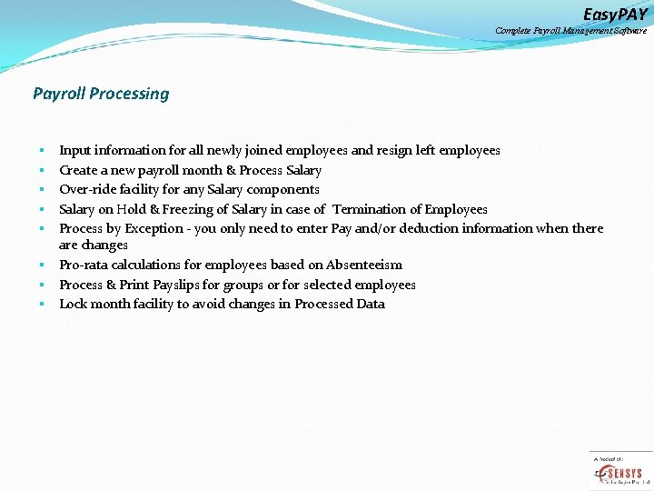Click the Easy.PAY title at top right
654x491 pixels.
coord(615,14)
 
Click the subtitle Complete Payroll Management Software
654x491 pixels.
coord(570,31)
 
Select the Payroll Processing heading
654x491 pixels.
coord(101,94)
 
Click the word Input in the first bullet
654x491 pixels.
coord(75,150)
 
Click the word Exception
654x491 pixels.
coord(154,228)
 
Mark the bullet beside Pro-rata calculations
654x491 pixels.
coord(42,266)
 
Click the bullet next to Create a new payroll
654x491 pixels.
coord(42,171)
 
